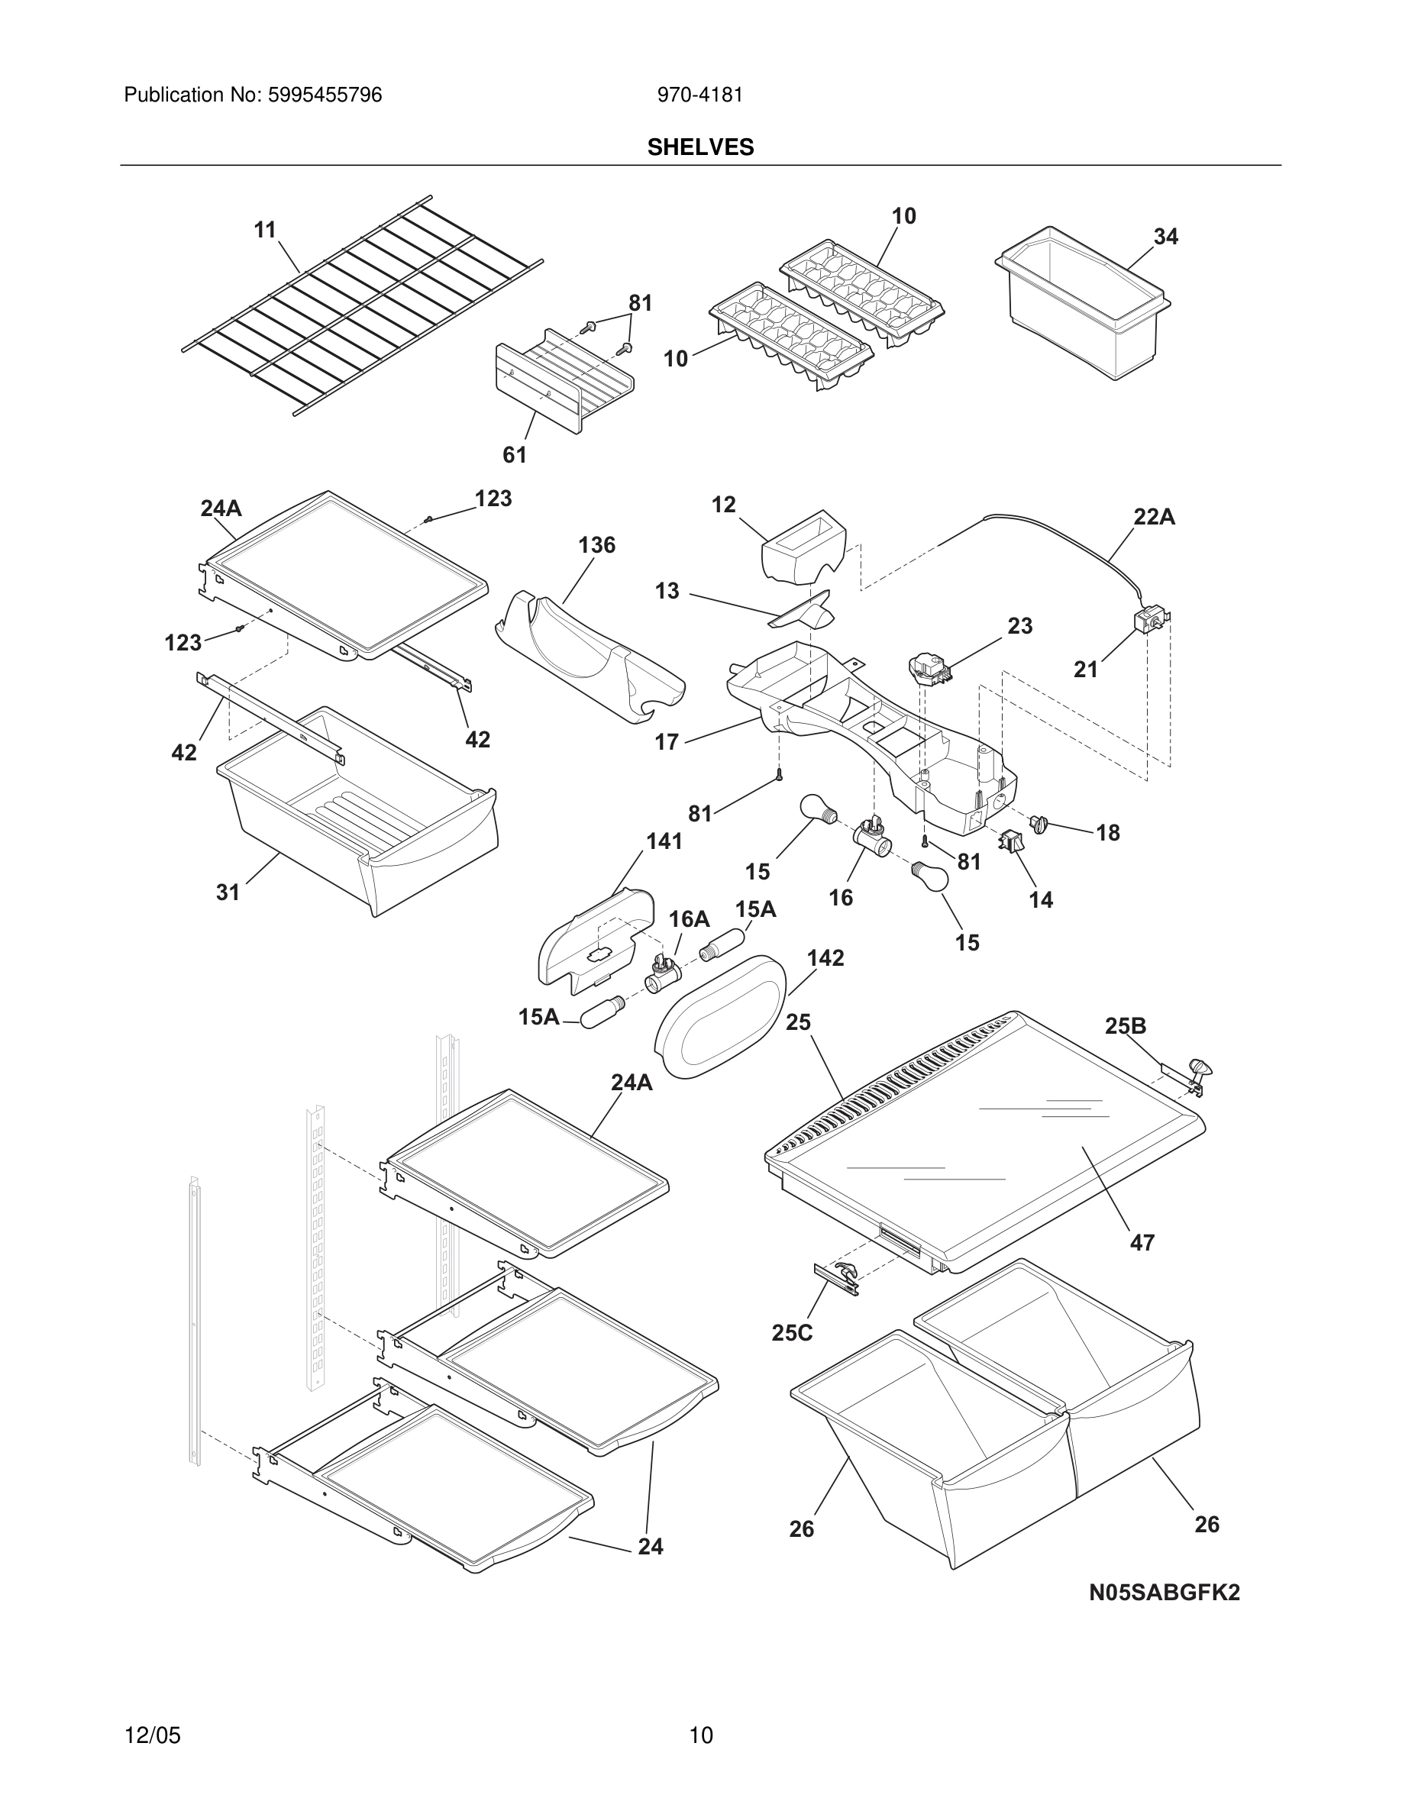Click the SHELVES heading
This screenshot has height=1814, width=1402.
(700, 147)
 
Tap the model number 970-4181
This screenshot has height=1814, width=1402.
(699, 95)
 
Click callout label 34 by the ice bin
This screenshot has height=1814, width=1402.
(1165, 237)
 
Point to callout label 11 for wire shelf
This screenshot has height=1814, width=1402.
(265, 229)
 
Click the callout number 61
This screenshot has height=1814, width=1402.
(514, 454)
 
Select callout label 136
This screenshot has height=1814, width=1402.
(596, 545)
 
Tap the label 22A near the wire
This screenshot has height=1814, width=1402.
(1154, 517)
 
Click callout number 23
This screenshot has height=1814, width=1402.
(1020, 625)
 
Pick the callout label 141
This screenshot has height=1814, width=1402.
(664, 841)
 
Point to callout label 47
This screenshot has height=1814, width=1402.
(1142, 1266)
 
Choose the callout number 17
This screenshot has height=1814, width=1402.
(667, 742)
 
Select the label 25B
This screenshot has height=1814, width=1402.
(1126, 1027)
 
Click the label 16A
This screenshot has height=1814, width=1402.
(689, 918)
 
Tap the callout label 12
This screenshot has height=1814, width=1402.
(723, 504)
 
